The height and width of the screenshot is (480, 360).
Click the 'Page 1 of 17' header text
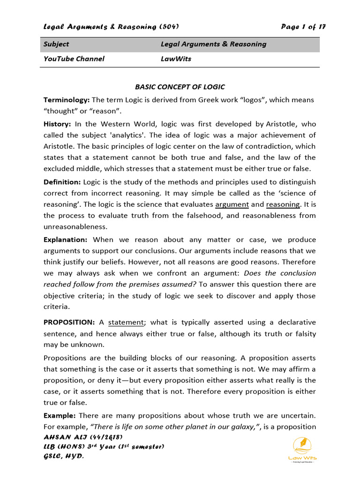[x=303, y=27]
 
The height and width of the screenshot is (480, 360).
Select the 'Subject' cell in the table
[x=56, y=44]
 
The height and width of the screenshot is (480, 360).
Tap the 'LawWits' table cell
[x=176, y=59]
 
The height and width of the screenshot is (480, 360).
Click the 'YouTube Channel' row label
[x=74, y=59]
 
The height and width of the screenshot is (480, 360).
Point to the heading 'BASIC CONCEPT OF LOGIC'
[x=180, y=87]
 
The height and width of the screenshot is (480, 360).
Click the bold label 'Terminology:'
[x=66, y=100]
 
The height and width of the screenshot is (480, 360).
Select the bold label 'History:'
[x=57, y=124]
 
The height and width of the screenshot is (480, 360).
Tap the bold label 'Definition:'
[x=62, y=182]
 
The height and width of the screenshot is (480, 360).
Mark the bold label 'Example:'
[x=60, y=416]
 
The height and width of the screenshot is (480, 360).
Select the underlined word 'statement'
[x=126, y=322]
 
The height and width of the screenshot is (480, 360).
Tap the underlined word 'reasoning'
[x=283, y=204]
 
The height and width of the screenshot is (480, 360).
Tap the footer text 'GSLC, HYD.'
[x=63, y=456]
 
